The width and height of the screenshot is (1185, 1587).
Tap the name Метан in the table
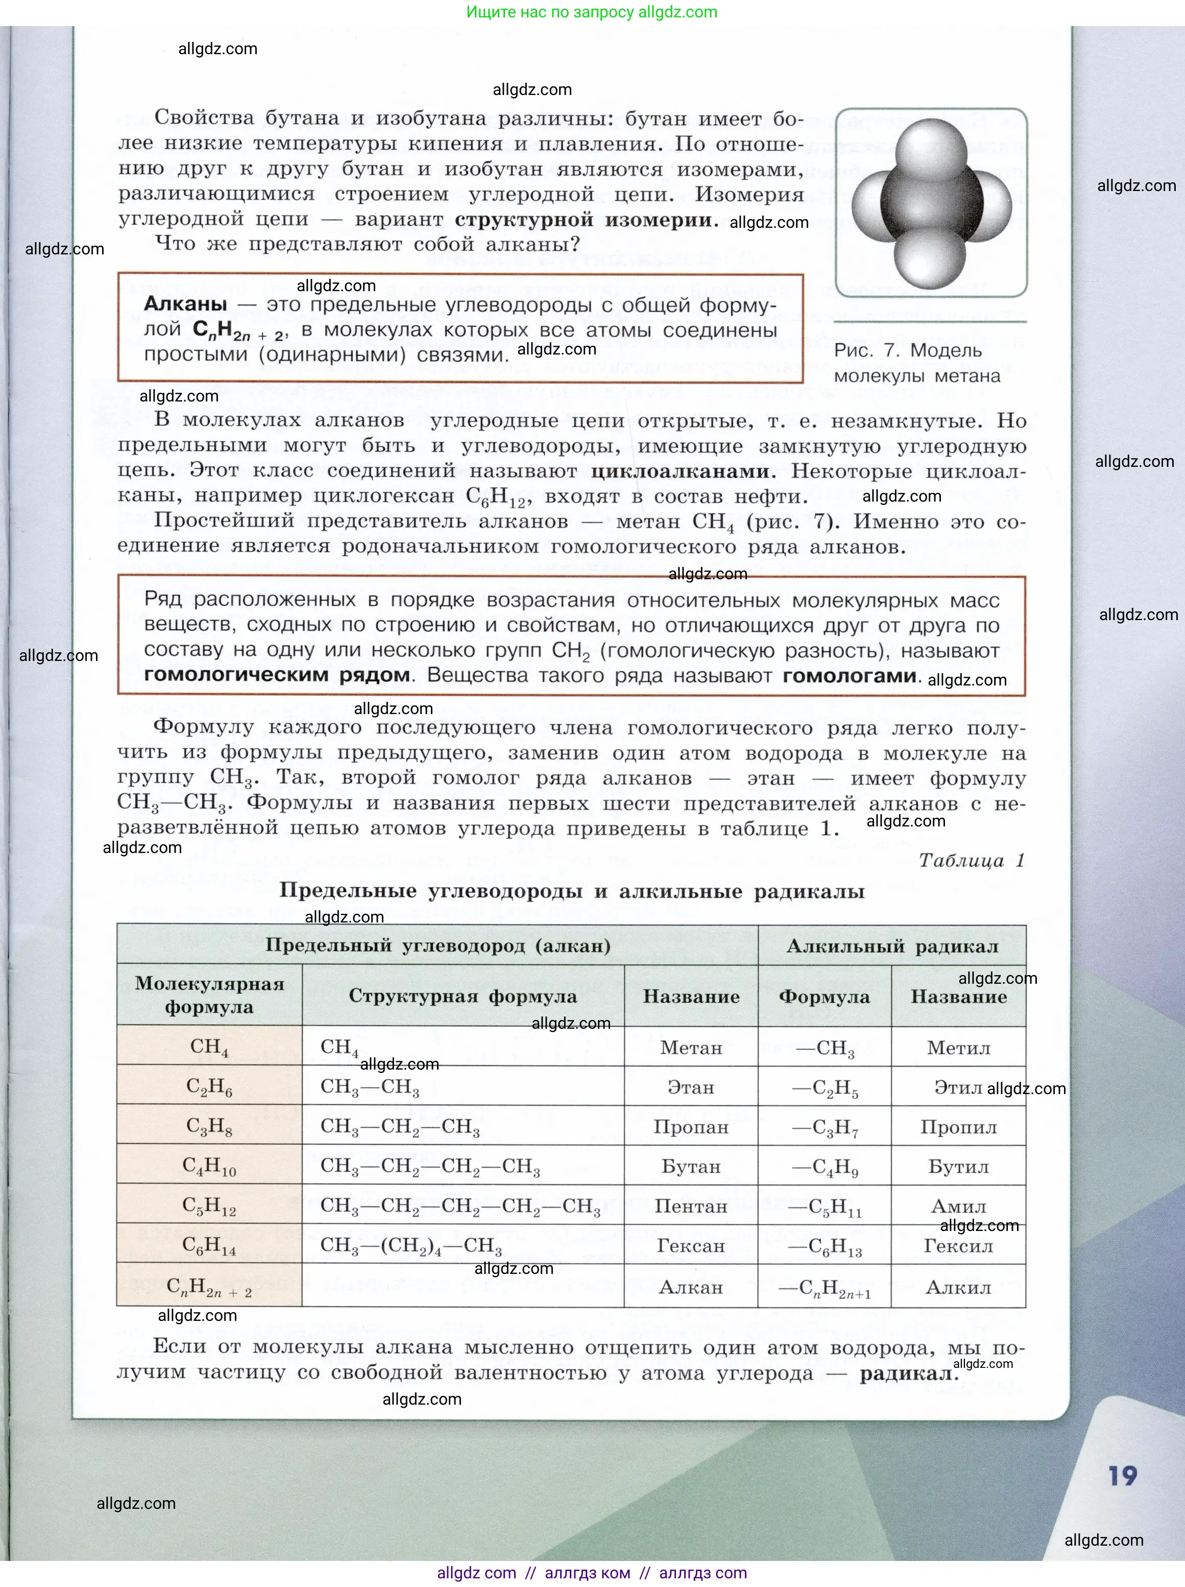pos(690,1048)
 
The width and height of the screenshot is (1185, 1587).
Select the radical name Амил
pos(958,1207)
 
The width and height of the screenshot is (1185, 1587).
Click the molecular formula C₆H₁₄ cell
pos(209,1246)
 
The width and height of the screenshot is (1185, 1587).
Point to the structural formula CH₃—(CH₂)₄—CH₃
pos(411,1246)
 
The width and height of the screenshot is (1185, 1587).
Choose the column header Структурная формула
pos(463,996)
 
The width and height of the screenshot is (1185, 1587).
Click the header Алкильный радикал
pos(891,946)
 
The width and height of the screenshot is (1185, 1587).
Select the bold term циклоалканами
pos(680,471)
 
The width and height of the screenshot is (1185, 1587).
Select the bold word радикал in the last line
pos(909,1374)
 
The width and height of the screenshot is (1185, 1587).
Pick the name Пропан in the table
pos(690,1127)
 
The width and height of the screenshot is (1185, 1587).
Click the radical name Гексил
pos(958,1246)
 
